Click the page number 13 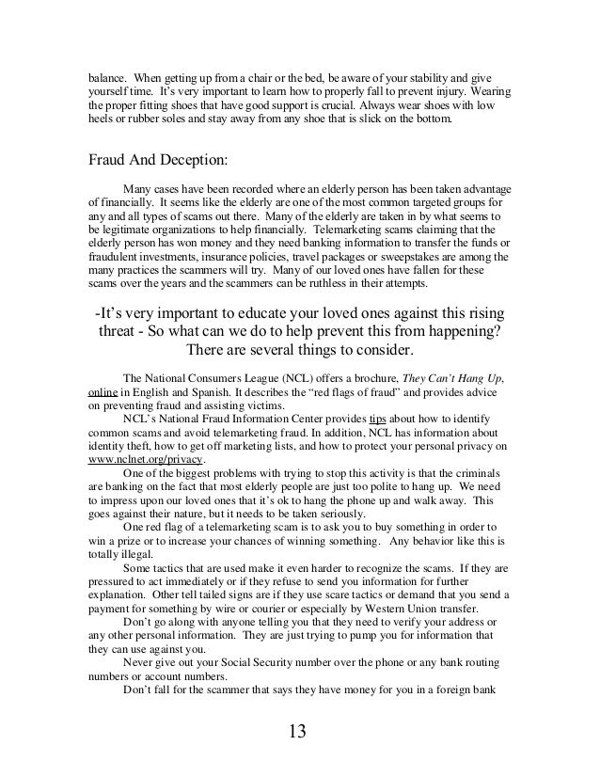coord(300,731)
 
